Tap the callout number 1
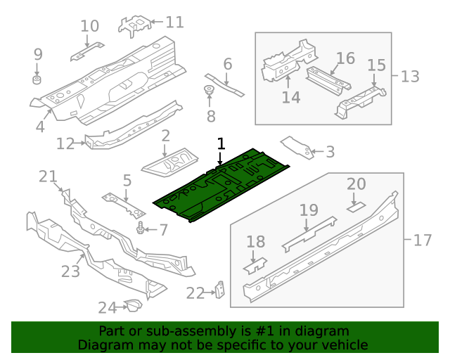coord(221,144)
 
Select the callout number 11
coord(174,22)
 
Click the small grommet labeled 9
coord(38,75)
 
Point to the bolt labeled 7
coord(143,229)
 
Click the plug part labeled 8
coord(208,90)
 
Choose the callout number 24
coord(107,307)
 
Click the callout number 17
coord(422,240)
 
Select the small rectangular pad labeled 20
coord(356,207)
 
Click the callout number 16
coord(345,58)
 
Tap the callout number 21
coord(47,176)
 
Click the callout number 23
coord(71,270)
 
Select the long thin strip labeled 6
coord(225,84)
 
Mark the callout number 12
coord(65,143)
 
